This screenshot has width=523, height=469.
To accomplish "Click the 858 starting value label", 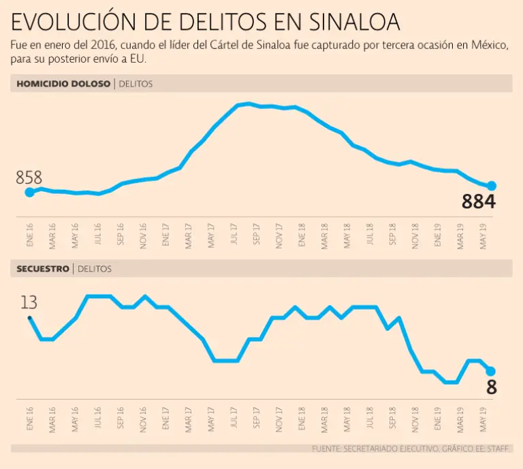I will click(x=29, y=178).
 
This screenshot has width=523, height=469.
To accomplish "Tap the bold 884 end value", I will click(x=478, y=202).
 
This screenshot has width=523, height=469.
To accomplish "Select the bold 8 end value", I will click(x=491, y=387).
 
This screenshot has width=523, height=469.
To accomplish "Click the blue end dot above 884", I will click(x=492, y=186).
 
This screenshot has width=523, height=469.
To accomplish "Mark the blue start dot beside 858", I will click(x=29, y=193).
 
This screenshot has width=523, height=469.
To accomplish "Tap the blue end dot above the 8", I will click(x=490, y=371).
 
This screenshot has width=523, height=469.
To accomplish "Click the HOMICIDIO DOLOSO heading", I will click(x=62, y=84).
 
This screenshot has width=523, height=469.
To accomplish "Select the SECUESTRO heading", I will click(x=43, y=269).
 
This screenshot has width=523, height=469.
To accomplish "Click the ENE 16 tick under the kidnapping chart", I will click(x=30, y=421).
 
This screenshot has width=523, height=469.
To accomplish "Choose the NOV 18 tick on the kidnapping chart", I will click(x=415, y=421).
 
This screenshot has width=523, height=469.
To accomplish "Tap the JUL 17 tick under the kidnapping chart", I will click(x=234, y=421).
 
